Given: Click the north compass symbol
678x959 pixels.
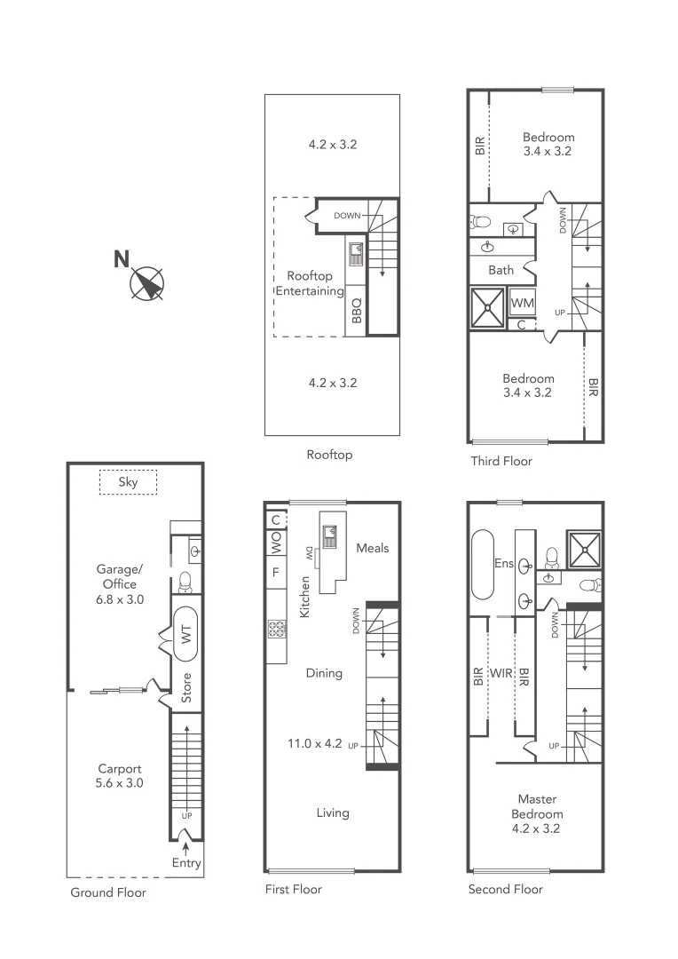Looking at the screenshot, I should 146,283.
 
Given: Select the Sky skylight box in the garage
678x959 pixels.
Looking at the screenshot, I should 128,482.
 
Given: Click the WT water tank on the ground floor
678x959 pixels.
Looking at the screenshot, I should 186,633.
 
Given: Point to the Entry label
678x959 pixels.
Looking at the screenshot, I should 187,862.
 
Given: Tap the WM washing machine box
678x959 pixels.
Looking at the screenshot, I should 522,303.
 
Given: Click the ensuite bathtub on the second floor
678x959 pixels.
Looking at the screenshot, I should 483,564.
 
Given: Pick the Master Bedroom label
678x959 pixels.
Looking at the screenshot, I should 537,814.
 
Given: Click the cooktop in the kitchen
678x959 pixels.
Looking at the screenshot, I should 275,630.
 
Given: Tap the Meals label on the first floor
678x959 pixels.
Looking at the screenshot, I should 373,548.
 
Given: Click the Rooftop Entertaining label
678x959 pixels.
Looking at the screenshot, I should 310,283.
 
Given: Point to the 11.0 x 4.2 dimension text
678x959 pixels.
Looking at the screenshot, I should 314,744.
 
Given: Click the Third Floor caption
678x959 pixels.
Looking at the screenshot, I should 501,461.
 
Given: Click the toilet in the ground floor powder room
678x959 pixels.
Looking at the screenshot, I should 186,581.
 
